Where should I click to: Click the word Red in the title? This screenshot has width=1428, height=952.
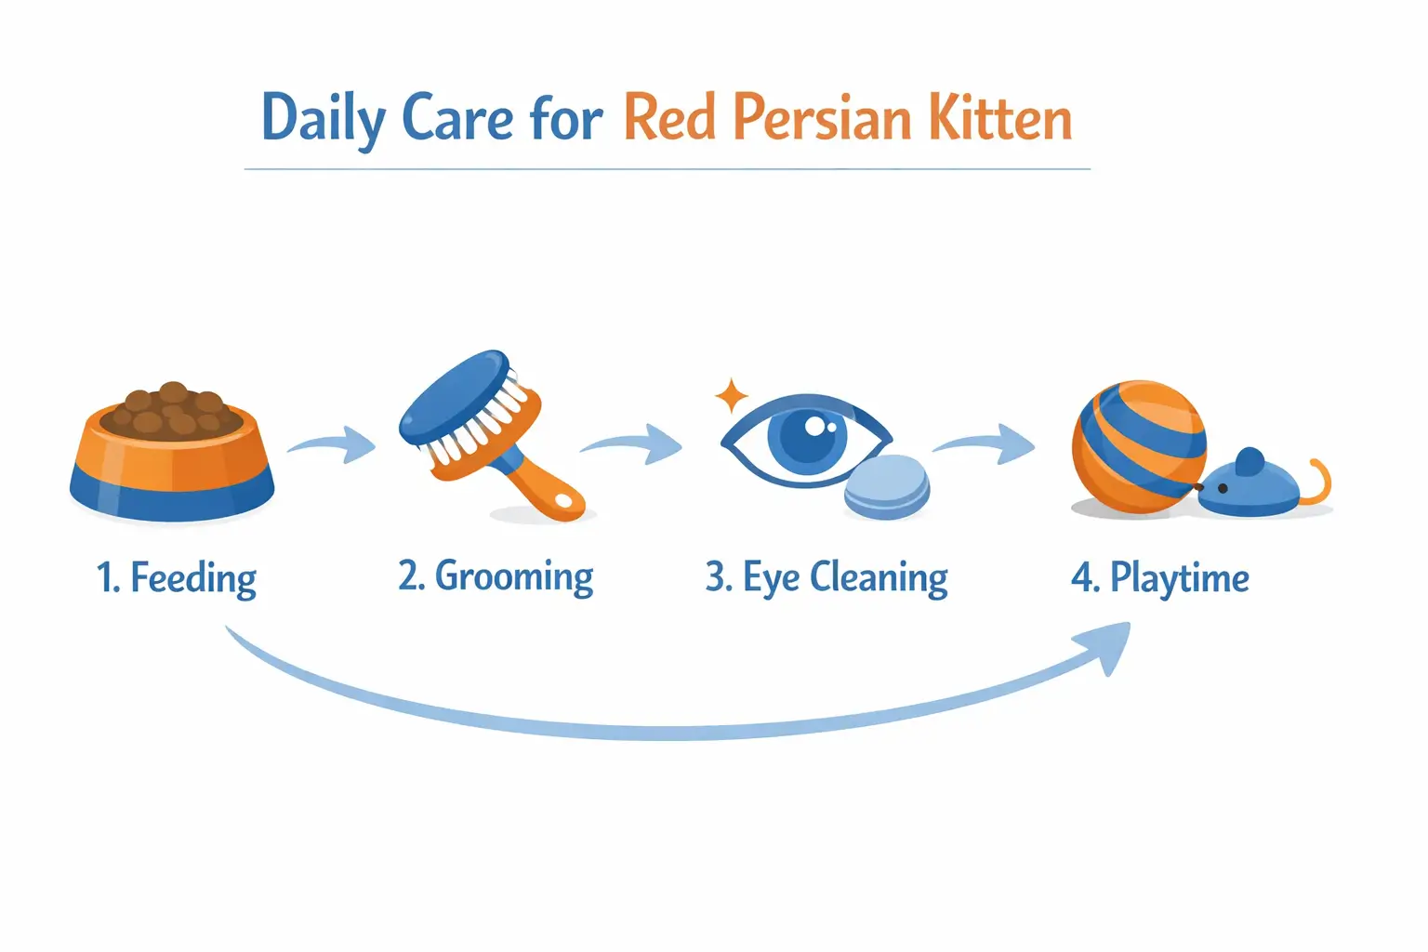(x=669, y=120)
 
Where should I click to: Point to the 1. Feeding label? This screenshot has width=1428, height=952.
(x=177, y=578)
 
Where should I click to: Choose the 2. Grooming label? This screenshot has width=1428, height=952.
(x=496, y=577)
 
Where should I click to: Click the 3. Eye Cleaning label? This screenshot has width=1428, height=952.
(x=826, y=578)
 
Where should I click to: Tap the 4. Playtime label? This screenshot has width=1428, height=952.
(x=1159, y=578)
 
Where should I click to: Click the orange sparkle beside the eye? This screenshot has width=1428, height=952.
(x=732, y=396)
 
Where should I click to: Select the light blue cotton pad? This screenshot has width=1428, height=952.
(x=887, y=485)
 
